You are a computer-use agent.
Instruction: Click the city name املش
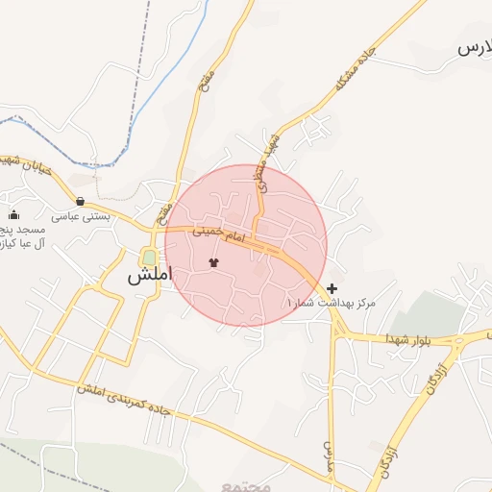point(149,275)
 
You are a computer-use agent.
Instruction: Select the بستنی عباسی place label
point(81,217)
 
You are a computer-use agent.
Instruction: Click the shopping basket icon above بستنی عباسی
point(80,201)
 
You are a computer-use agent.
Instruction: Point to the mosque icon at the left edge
point(13,214)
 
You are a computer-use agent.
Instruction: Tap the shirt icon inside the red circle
point(213,261)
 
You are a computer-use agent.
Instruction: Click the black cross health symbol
point(332,288)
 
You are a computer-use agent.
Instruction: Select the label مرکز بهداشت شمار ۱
point(331,303)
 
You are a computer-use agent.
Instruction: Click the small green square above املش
point(149,257)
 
